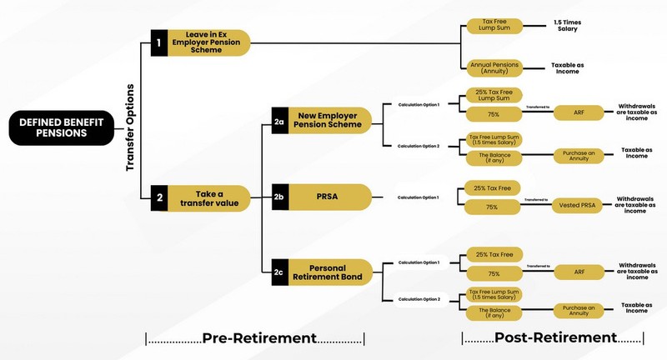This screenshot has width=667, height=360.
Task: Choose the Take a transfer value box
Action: pyautogui.click(x=209, y=198)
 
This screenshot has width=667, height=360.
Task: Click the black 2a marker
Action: pyautogui.click(x=280, y=122)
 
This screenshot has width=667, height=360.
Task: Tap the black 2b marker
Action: pyautogui.click(x=280, y=197)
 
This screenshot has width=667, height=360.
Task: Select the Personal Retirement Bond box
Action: pyautogui.click(x=329, y=272)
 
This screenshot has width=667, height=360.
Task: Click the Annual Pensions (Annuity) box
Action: pyautogui.click(x=496, y=67)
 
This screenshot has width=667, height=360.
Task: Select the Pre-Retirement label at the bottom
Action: pyautogui.click(x=257, y=337)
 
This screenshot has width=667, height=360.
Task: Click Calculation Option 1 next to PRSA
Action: pyautogui.click(x=418, y=197)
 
